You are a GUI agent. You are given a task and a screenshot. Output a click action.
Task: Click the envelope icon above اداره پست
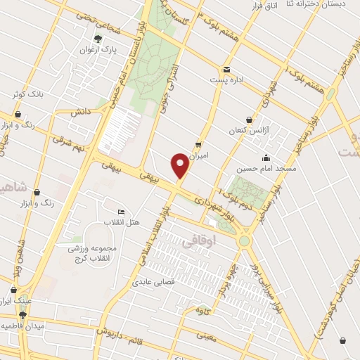226,69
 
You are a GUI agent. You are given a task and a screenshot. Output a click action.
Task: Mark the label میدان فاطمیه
20,326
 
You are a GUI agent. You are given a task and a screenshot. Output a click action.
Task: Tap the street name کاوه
205,311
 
